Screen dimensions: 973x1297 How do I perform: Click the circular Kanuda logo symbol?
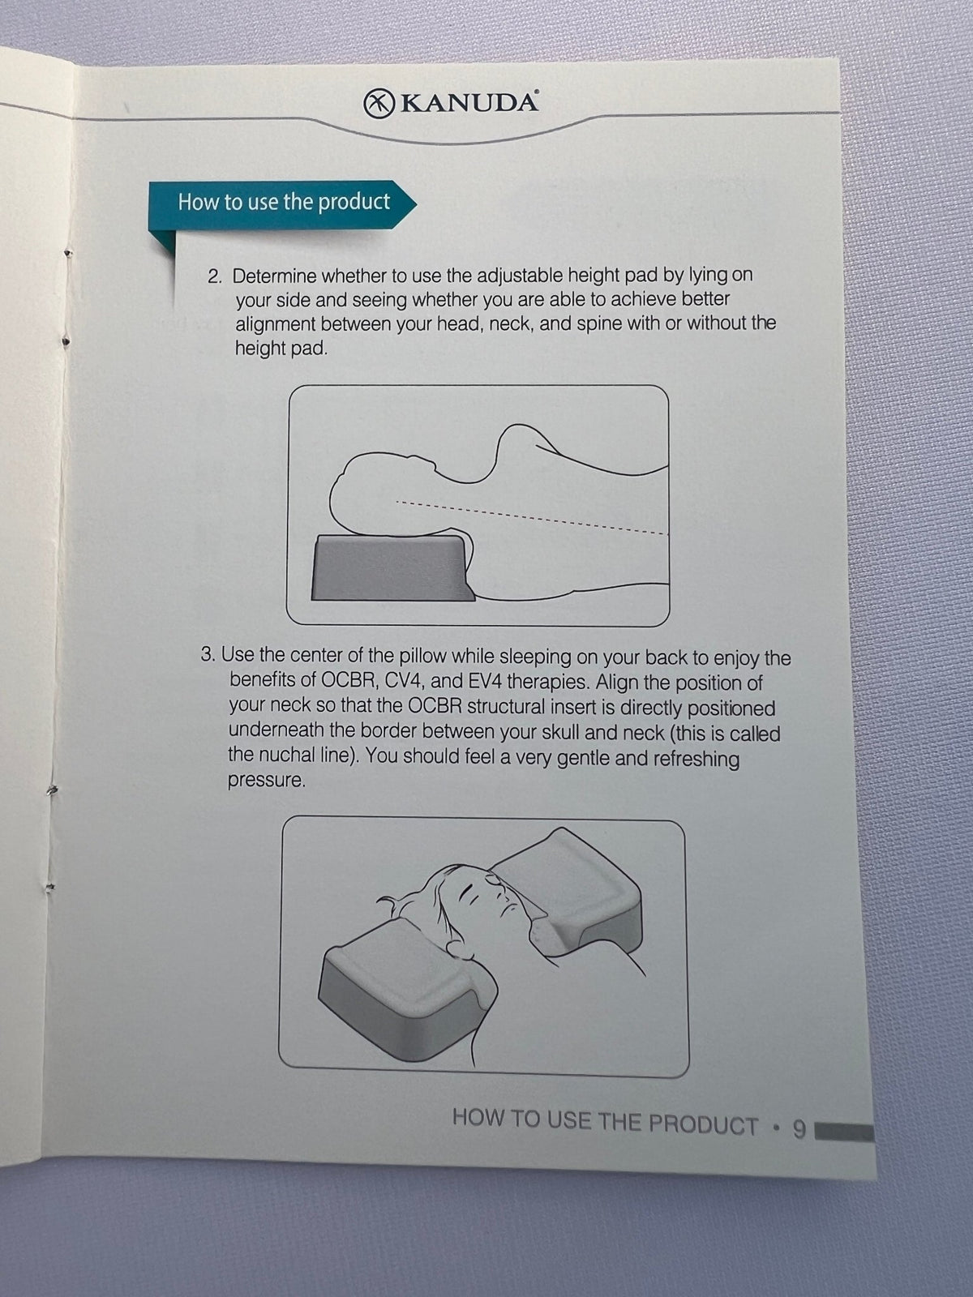(x=379, y=104)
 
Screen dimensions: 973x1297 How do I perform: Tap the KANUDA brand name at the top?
(x=470, y=104)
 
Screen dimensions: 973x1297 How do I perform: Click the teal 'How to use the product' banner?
(x=282, y=203)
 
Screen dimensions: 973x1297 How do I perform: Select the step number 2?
(x=215, y=276)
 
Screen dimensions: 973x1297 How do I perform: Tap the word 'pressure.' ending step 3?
(x=267, y=781)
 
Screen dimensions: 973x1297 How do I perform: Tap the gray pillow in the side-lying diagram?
(x=392, y=567)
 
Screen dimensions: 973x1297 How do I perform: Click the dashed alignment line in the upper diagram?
(x=532, y=518)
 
